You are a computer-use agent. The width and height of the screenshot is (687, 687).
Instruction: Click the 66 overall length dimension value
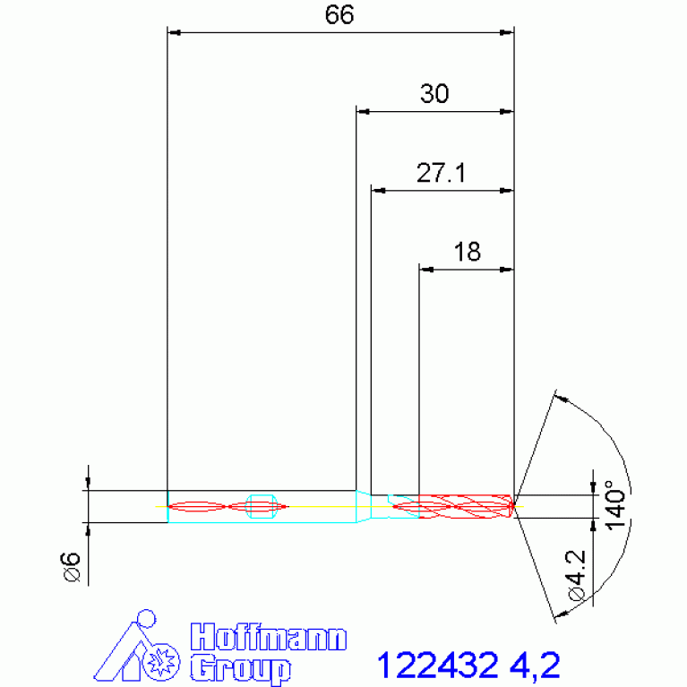pos(339,14)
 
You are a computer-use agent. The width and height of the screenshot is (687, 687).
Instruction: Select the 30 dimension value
pos(434,93)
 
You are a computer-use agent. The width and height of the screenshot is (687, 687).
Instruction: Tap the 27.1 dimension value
pos(441,173)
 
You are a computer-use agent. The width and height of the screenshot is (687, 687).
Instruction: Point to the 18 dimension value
pos(467,252)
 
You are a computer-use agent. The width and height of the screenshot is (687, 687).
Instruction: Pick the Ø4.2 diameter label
pos(577,575)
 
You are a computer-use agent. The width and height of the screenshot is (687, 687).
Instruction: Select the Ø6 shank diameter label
pos(72,567)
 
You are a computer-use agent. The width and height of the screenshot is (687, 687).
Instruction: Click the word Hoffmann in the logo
pos(269,637)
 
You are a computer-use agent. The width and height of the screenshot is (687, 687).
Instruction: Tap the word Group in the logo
pos(241,668)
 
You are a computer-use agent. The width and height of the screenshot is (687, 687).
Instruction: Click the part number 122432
pos(438,665)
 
